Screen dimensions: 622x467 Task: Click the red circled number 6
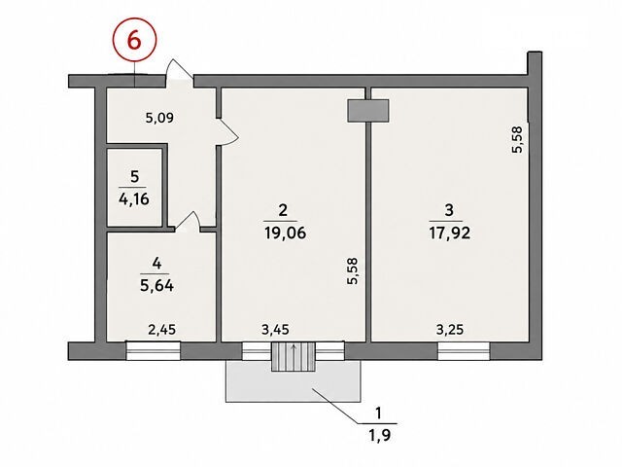(134, 40)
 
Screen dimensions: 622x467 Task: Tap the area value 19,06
(285, 233)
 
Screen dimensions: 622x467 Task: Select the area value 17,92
(449, 233)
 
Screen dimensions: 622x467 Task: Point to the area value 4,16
(134, 198)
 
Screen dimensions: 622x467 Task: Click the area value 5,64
(156, 285)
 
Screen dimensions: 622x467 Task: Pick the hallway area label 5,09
(159, 118)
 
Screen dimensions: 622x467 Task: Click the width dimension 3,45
(275, 330)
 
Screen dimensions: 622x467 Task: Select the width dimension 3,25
(450, 330)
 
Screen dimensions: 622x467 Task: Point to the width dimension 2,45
(162, 330)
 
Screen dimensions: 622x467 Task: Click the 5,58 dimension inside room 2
(352, 271)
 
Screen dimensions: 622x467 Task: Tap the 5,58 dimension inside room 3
(518, 139)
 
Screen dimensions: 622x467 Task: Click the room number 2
(283, 210)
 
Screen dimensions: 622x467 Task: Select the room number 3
(449, 210)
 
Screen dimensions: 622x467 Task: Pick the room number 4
(157, 264)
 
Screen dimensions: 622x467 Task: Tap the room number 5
(134, 177)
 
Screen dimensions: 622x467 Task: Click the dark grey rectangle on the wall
(368, 110)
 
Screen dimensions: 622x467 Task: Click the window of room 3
(464, 351)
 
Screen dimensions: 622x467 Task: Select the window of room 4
(154, 350)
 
